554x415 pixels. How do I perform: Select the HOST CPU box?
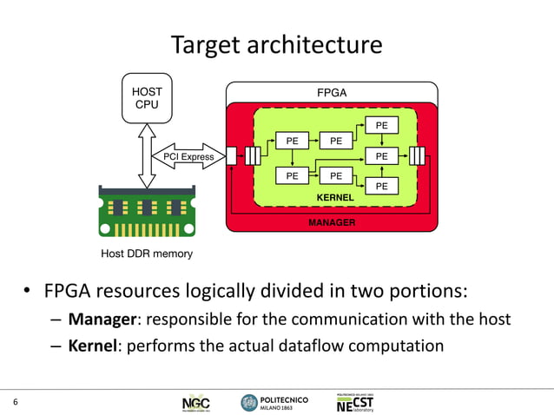click(146, 97)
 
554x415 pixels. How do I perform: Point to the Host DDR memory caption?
click(147, 254)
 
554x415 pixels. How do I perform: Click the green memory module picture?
click(146, 212)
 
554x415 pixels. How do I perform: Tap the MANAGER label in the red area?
click(333, 223)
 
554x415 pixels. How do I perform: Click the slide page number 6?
click(15, 401)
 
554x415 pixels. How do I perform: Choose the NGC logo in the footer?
click(195, 403)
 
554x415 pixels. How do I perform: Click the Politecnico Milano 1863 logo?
click(269, 403)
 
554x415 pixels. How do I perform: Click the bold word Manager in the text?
click(100, 319)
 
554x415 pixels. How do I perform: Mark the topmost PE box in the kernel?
click(382, 126)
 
